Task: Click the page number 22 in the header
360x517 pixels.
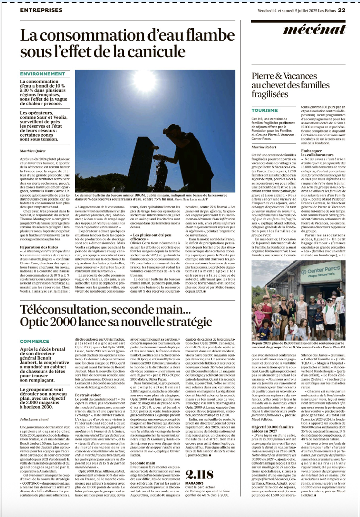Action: [x=341, y=10]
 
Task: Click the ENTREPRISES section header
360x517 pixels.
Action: [x=41, y=10]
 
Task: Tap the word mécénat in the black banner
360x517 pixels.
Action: [x=314, y=29]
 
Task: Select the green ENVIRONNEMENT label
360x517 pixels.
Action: [x=43, y=74]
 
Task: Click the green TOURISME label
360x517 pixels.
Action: [x=265, y=110]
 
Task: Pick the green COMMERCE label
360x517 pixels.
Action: [x=35, y=341]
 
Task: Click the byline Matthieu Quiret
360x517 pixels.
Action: [x=33, y=151]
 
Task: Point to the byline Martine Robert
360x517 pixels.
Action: [x=264, y=147]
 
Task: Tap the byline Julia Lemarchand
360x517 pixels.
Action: [x=35, y=419]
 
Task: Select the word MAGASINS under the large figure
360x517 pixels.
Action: [x=194, y=483]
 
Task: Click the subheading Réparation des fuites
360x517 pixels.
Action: [x=39, y=247]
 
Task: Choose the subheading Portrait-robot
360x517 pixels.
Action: [x=88, y=395]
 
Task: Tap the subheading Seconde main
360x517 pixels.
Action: [x=143, y=463]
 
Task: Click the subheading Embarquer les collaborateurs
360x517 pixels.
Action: [x=317, y=153]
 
